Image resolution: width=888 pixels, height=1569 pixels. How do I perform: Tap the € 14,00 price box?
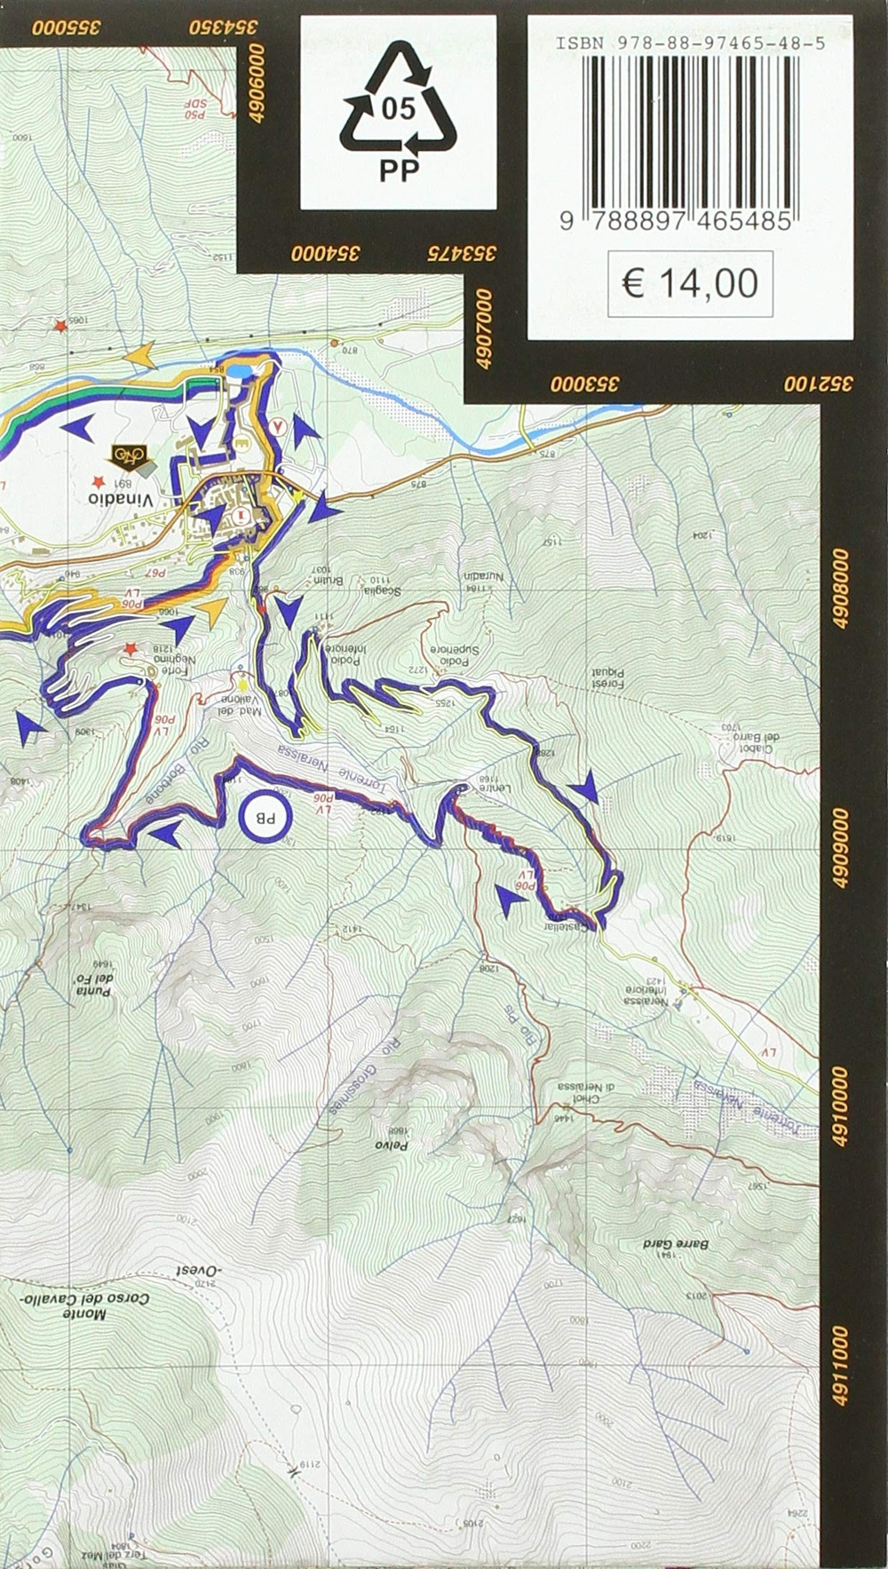(690, 284)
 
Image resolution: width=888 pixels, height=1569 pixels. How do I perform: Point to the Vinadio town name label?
(122, 498)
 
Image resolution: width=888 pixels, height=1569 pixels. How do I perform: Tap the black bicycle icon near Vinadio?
(127, 456)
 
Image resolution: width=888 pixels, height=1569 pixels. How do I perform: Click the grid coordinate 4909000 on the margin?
(841, 848)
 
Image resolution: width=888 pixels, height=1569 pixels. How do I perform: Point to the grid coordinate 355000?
(67, 27)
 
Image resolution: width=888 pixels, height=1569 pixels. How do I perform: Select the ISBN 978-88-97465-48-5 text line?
(690, 42)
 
